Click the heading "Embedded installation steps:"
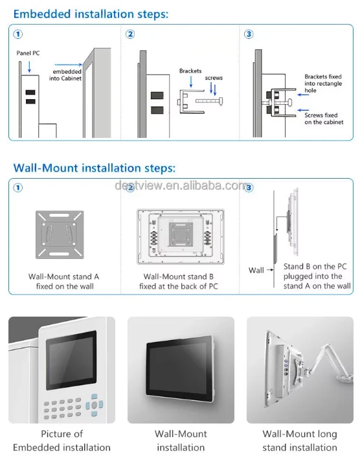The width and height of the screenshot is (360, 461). pyautogui.click(x=91, y=14)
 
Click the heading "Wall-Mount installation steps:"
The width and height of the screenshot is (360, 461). pyautogui.click(x=95, y=168)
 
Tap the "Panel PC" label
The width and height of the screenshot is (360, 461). pyautogui.click(x=28, y=53)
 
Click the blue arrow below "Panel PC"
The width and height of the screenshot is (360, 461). pyautogui.click(x=29, y=67)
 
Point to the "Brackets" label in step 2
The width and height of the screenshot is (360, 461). pyautogui.click(x=190, y=71)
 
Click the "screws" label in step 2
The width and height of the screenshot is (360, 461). pyautogui.click(x=214, y=78)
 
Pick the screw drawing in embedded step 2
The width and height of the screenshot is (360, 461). pyautogui.click(x=209, y=101)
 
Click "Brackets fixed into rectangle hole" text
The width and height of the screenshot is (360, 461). pyautogui.click(x=323, y=84)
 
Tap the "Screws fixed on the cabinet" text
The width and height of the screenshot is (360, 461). pyautogui.click(x=324, y=118)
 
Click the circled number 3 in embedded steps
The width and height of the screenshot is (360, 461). pyautogui.click(x=249, y=34)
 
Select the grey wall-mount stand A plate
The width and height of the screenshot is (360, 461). pyautogui.click(x=60, y=234)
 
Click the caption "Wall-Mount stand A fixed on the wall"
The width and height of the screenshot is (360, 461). pyautogui.click(x=64, y=282)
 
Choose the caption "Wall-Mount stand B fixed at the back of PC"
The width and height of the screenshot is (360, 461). pyautogui.click(x=179, y=282)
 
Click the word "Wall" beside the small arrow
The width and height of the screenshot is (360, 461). pyautogui.click(x=256, y=270)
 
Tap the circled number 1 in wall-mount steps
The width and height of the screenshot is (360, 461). pyautogui.click(x=18, y=188)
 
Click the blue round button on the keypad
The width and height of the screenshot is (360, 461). pyautogui.click(x=94, y=405)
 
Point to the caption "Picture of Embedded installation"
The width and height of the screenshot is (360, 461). pyautogui.click(x=62, y=440)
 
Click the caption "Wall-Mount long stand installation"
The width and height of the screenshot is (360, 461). pyautogui.click(x=300, y=440)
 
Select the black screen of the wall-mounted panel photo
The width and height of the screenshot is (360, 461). pyautogui.click(x=179, y=368)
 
